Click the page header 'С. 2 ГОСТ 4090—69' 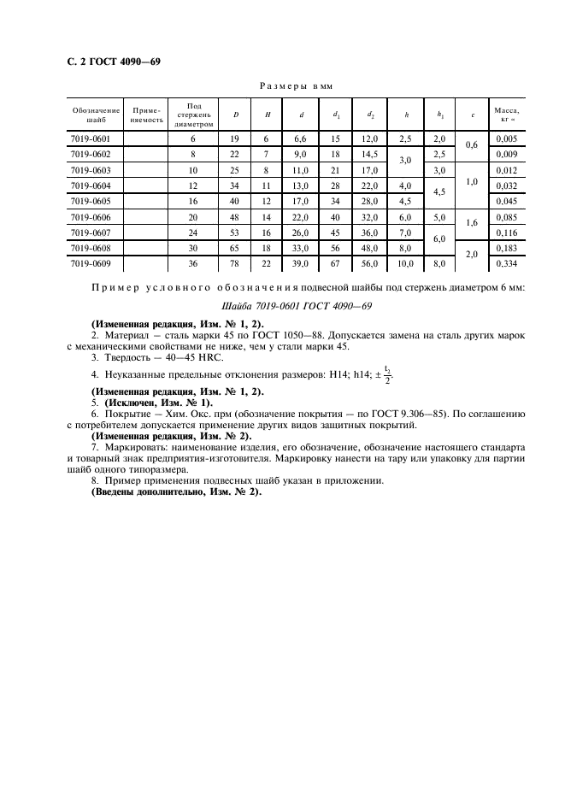[113, 62]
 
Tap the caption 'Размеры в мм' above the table [294, 86]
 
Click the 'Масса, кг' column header [507, 114]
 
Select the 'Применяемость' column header [144, 114]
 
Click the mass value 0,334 [507, 263]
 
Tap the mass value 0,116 [507, 232]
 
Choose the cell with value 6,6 [299, 138]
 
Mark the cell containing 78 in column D [234, 263]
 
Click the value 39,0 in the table [299, 263]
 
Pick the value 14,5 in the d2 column [369, 154]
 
